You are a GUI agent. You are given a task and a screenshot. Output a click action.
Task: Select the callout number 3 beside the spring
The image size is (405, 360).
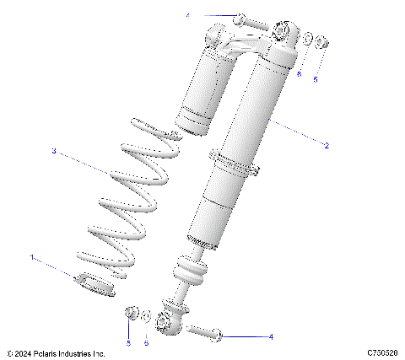pos(53,152)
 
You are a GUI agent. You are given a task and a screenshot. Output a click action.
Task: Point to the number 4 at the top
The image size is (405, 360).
pos(188,16)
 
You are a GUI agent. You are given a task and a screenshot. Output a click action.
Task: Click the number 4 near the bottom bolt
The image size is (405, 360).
pos(271,336)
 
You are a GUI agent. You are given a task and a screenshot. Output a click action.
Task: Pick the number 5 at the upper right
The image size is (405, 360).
pos(316,81)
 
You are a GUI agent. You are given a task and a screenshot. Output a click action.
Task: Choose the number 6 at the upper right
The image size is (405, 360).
pos(299,73)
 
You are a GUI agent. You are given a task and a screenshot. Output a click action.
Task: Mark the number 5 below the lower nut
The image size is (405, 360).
pos(129,343)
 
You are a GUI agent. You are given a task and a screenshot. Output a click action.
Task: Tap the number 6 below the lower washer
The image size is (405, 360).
pos(146,343)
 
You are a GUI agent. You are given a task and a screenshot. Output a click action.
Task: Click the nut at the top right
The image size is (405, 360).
pos(321,43)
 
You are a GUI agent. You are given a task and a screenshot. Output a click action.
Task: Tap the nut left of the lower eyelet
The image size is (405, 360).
pos(131,314)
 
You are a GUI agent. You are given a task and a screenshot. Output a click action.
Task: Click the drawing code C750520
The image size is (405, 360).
pos(383,352)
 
